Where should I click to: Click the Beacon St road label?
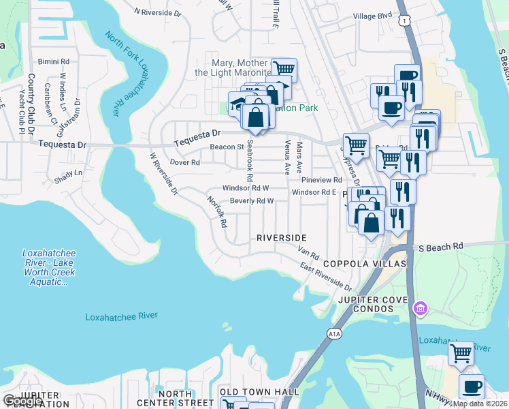pos(227,147)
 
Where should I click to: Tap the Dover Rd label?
pos(184,163)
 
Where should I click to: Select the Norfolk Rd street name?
pos(217,212)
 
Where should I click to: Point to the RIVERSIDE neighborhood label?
pos(282,238)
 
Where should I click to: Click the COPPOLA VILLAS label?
pos(364,264)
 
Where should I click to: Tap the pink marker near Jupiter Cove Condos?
pos(421,309)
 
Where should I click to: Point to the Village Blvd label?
pos(373,15)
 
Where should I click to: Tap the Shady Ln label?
pos(67,173)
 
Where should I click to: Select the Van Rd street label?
pos(309,252)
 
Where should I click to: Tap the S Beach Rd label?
pos(440,246)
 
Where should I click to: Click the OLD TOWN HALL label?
pos(259,392)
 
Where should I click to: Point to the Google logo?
pos(23,401)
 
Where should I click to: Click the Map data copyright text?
pos(480,404)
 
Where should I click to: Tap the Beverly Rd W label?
pos(251,201)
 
